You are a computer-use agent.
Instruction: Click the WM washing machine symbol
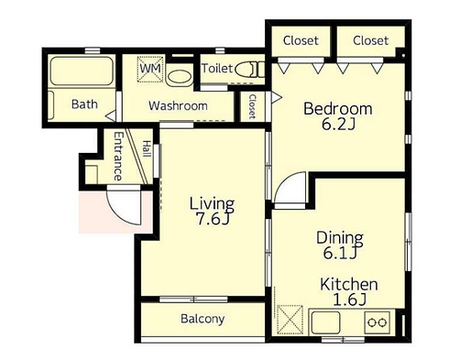[x=150, y=69]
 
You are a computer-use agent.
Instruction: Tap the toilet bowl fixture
[x=250, y=70]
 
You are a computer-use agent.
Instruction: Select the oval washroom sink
[x=179, y=77]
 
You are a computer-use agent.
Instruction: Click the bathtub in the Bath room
[x=82, y=71]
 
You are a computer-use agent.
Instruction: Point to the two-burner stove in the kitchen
[x=378, y=322]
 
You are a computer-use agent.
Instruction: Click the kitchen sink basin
[x=325, y=322]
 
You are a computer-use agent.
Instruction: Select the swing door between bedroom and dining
[x=290, y=191]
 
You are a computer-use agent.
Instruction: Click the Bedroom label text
[x=338, y=109]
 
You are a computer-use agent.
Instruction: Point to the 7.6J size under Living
[x=213, y=219]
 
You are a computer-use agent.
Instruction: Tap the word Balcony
[x=203, y=319]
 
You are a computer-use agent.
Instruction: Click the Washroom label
[x=178, y=106]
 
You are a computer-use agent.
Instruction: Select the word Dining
[x=340, y=237]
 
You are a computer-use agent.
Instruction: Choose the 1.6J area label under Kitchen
[x=349, y=300]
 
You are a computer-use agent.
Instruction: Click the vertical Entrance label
[x=118, y=156]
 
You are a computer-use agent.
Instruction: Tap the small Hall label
[x=148, y=148]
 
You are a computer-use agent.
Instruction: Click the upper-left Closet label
[x=301, y=40]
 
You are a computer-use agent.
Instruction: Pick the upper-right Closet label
[x=370, y=40]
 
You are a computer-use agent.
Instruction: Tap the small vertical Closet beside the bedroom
[x=252, y=106]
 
